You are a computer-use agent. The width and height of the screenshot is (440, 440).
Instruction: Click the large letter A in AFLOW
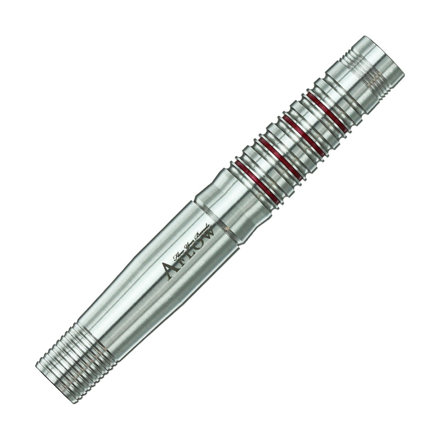[170, 269]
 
